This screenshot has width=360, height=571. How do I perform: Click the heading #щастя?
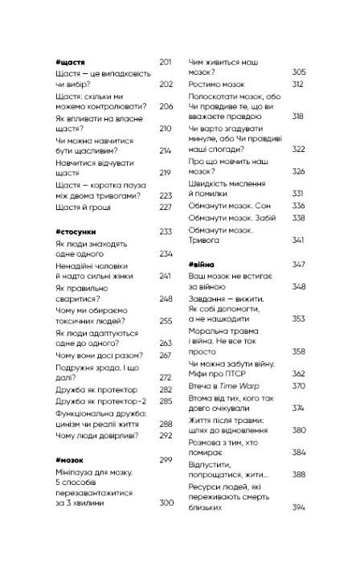(66, 61)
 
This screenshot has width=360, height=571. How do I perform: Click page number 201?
(166, 61)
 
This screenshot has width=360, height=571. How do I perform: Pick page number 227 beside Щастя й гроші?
(166, 207)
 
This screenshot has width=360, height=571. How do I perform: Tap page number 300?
(166, 503)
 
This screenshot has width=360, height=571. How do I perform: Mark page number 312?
(298, 84)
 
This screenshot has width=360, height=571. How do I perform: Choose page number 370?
(298, 385)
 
